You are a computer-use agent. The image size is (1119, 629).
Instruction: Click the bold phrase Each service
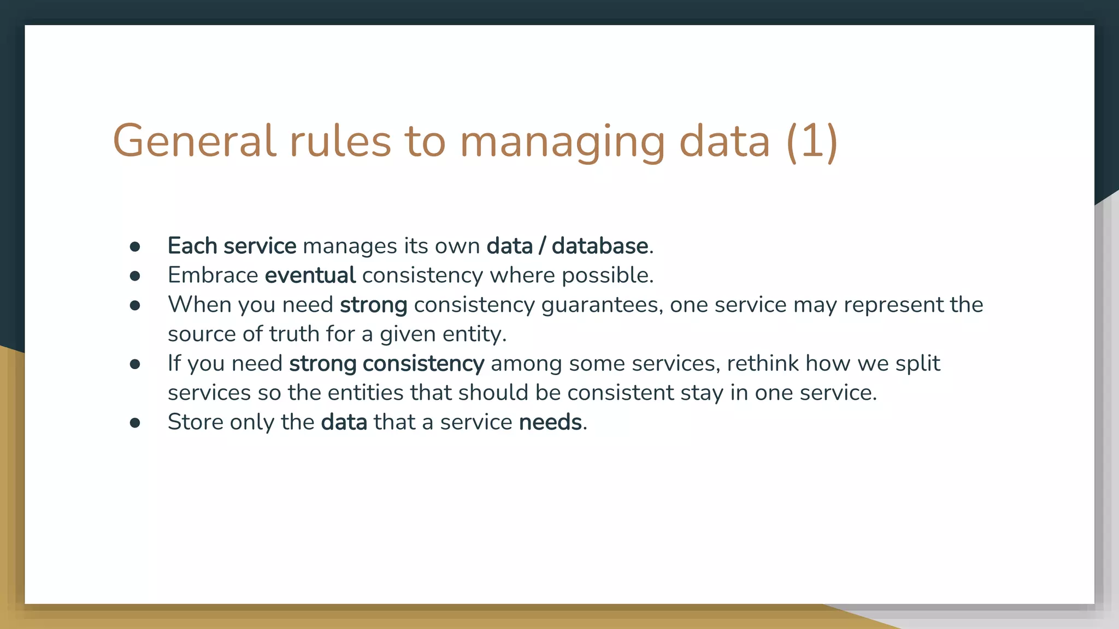[x=232, y=246]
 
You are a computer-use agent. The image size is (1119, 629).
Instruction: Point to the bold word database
[x=599, y=246]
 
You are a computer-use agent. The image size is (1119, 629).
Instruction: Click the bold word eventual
[x=310, y=275]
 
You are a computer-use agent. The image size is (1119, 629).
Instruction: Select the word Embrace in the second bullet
[x=213, y=275]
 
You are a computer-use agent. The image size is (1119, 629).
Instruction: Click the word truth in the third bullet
[x=294, y=334]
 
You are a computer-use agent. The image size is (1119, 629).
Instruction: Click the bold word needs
[x=550, y=423]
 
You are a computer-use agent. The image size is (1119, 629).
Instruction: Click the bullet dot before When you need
[x=135, y=306]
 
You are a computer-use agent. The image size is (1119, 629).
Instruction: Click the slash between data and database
[x=542, y=246]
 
